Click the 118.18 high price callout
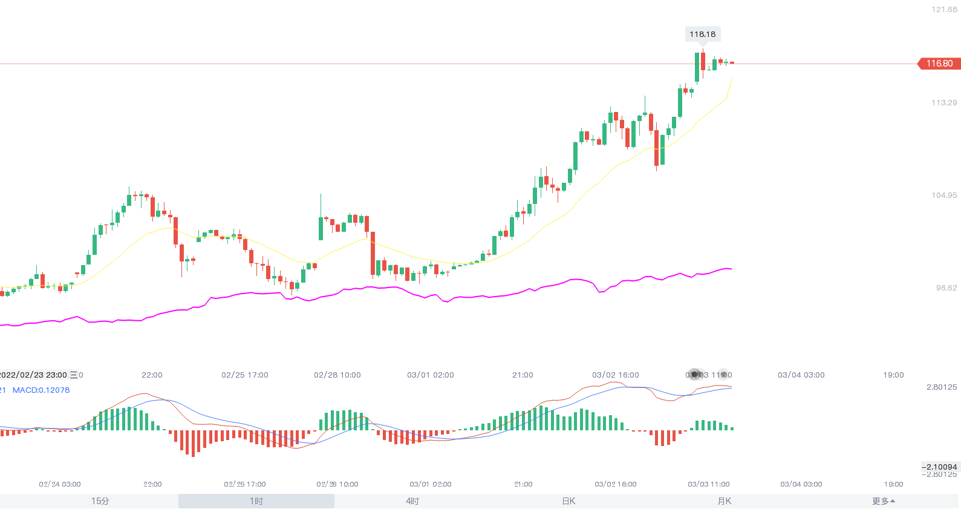[x=702, y=34]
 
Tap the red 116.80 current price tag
[x=939, y=64]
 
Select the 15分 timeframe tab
[x=100, y=501]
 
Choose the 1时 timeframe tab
[x=256, y=501]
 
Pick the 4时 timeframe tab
[x=412, y=501]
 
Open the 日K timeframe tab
[x=568, y=501]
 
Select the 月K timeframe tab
[x=725, y=501]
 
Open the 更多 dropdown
[x=884, y=501]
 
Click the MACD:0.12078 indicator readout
[x=41, y=390]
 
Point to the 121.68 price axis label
[x=944, y=10]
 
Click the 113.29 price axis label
[x=944, y=103]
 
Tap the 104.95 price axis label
[x=944, y=195]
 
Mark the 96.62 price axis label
[x=946, y=288]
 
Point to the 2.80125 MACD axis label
[x=942, y=387]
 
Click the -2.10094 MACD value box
[x=939, y=467]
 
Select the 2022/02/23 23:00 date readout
[x=34, y=375]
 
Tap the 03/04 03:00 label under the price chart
[x=801, y=375]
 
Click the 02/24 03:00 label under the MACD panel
[x=60, y=484]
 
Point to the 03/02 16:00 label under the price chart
[x=615, y=375]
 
